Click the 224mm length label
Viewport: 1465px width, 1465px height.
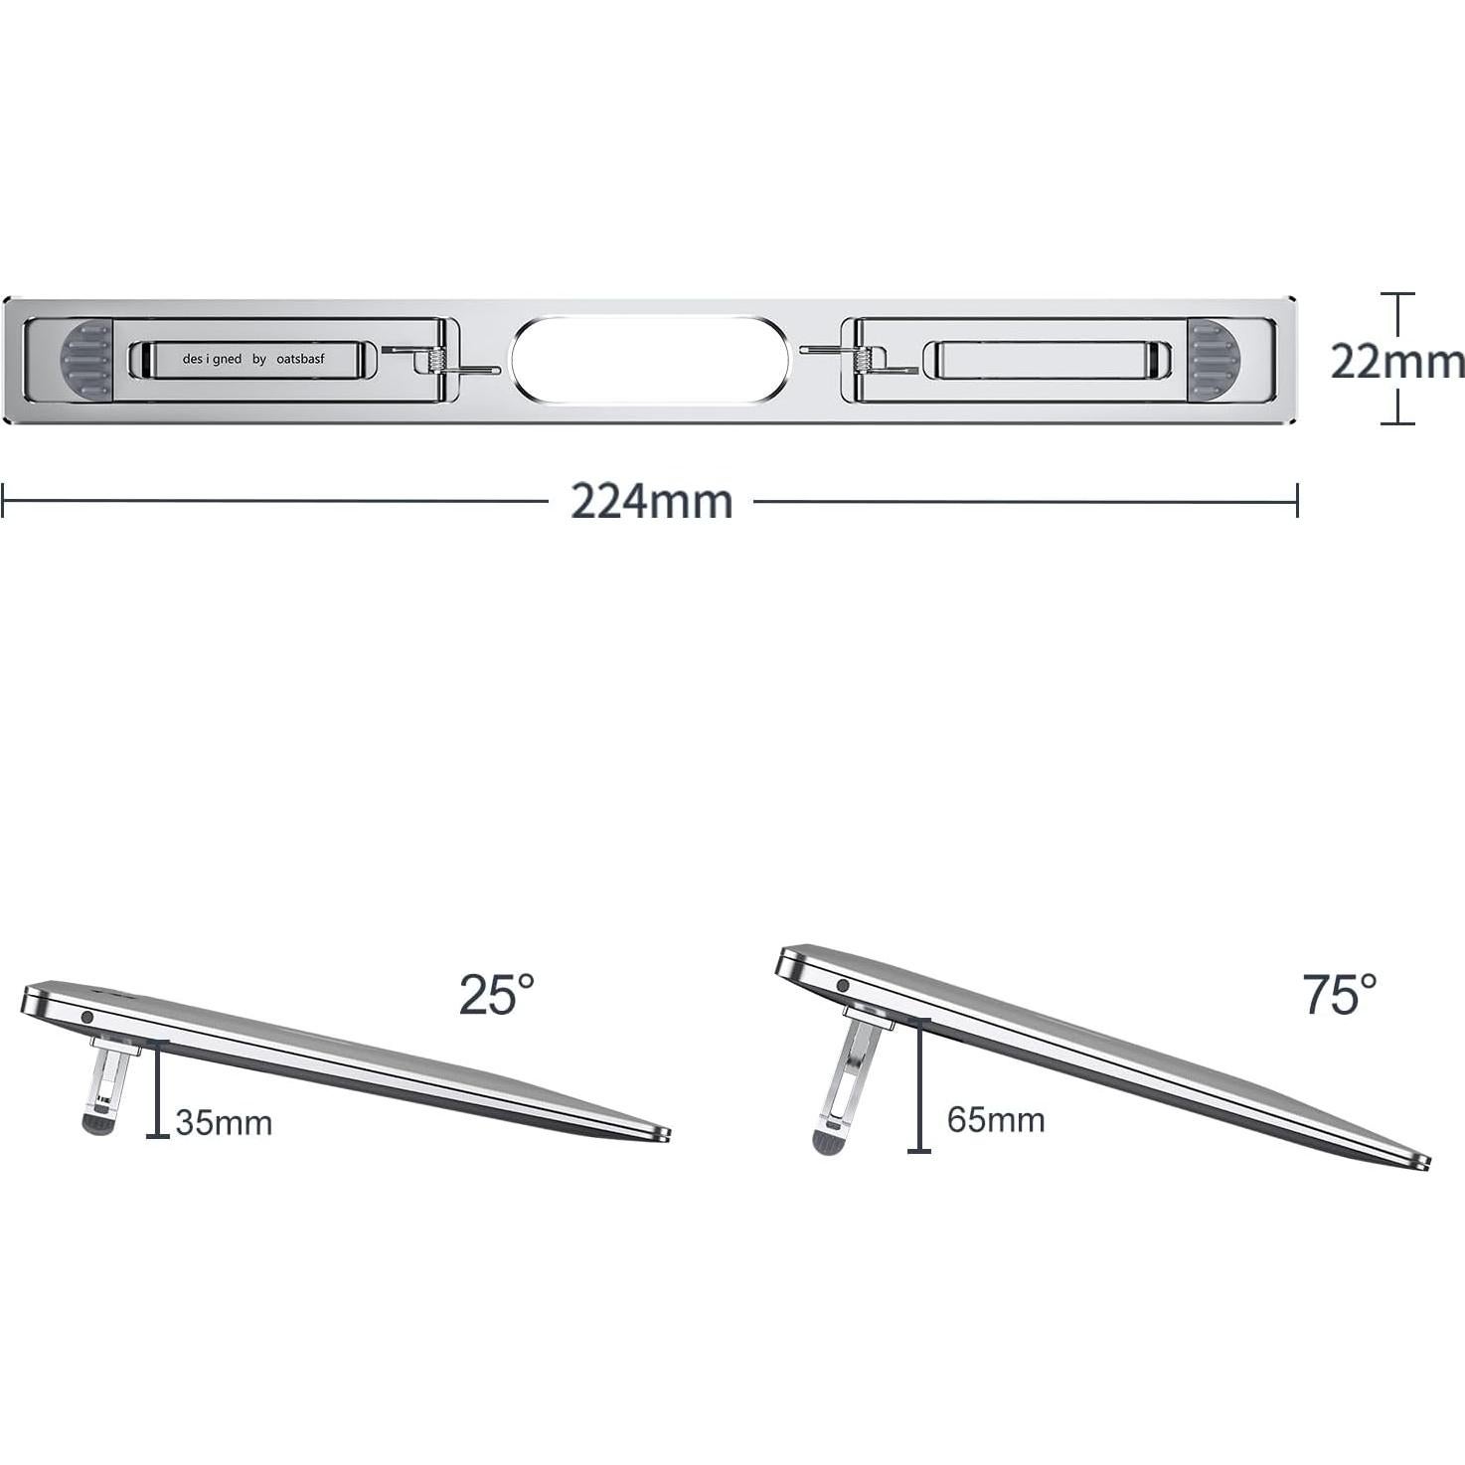(651, 501)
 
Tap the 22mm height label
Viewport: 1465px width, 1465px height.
(1396, 361)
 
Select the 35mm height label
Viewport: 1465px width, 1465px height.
(224, 1123)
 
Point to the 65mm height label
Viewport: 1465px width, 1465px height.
(996, 1120)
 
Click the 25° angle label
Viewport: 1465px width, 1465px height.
(496, 994)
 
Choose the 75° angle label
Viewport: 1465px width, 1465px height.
(1340, 994)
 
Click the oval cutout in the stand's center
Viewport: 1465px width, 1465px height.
(651, 360)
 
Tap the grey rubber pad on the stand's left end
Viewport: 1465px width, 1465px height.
(86, 360)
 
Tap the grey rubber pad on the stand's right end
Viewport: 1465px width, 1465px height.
(1214, 360)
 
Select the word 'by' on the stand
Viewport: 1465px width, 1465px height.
(259, 359)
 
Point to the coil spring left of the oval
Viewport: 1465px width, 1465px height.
(434, 361)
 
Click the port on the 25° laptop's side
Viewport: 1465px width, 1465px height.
(86, 1018)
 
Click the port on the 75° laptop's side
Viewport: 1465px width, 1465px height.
(843, 986)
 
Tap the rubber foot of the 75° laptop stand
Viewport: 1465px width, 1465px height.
(827, 1142)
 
